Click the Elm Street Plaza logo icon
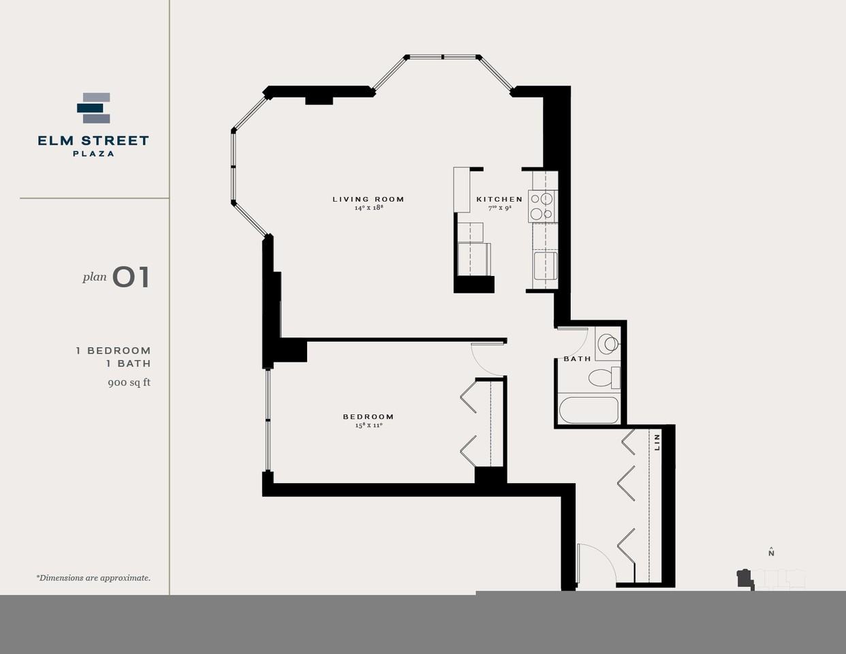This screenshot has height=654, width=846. [93, 108]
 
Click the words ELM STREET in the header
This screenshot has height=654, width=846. [93, 141]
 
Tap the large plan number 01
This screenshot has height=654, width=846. [131, 277]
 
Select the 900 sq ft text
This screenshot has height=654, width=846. [129, 383]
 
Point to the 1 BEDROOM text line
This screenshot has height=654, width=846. [113, 351]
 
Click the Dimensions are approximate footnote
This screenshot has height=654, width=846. [93, 578]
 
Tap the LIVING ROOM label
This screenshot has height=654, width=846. [368, 200]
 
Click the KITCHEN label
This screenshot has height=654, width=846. [499, 200]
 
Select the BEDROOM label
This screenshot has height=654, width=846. [368, 417]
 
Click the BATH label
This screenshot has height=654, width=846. [577, 359]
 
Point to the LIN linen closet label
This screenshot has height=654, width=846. [657, 441]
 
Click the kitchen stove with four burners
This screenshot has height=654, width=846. [542, 206]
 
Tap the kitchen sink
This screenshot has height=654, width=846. [545, 266]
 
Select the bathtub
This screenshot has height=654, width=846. [589, 410]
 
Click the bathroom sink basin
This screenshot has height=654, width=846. [607, 343]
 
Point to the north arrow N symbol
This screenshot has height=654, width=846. [771, 552]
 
